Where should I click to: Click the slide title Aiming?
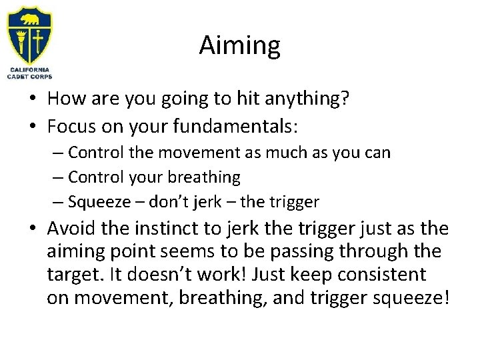(239, 46)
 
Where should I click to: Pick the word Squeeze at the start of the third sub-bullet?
(95, 201)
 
